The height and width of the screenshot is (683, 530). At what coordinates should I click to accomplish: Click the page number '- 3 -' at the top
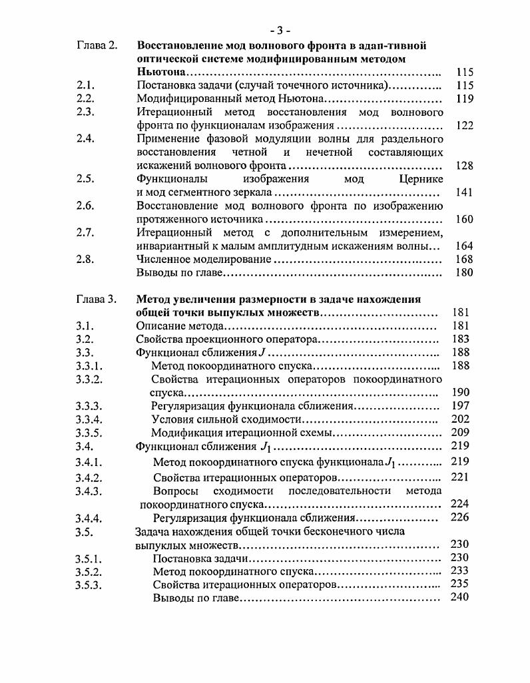click(280, 31)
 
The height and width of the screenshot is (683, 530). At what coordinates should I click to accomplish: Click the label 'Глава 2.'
click(97, 45)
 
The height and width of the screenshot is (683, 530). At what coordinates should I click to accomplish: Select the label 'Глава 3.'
click(97, 300)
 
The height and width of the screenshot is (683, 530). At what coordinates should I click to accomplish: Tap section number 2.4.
click(85, 139)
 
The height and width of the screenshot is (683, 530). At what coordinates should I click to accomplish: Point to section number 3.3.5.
click(90, 433)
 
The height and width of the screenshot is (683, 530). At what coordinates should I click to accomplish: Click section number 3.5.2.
click(89, 571)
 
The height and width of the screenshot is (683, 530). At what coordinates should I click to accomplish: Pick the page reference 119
click(464, 99)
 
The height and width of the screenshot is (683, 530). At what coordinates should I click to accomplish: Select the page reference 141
click(464, 192)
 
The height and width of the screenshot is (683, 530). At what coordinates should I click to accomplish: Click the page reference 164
click(464, 246)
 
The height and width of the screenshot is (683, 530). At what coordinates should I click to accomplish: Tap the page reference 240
click(460, 597)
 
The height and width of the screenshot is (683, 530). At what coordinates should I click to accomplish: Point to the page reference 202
click(460, 419)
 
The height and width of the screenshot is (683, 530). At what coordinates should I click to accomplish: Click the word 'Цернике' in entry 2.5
click(420, 179)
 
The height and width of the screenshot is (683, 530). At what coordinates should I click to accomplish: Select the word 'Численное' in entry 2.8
click(164, 259)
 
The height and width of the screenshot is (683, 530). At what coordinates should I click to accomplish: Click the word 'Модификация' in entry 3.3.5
click(185, 433)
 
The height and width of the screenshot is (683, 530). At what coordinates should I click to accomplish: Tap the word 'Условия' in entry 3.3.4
click(172, 419)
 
